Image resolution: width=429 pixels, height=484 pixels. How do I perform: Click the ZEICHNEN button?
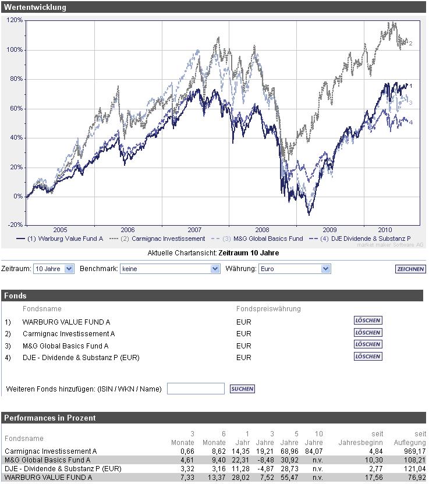pos(410,269)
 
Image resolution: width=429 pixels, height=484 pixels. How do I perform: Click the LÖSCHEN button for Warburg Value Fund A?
pos(368,321)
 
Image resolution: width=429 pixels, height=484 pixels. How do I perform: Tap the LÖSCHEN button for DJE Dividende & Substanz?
pos(368,357)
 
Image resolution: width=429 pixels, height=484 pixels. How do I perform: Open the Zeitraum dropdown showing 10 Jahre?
pos(54,269)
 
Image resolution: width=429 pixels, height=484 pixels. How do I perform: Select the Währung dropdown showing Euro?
pos(295,269)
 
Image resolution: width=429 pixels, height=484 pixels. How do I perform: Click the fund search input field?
pos(196,389)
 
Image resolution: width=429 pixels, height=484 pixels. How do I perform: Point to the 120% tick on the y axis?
pos(15,20)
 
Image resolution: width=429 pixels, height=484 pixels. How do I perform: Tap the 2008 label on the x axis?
pos(263,230)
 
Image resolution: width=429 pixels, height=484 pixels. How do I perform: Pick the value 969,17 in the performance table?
pos(413,451)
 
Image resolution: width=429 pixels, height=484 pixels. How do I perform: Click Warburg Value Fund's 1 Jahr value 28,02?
pos(242,478)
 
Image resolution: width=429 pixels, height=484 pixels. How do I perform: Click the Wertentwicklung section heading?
pos(36,8)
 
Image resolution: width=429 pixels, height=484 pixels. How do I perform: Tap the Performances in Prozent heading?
pos(50,418)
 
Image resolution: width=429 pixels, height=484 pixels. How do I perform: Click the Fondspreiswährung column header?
pos(268,309)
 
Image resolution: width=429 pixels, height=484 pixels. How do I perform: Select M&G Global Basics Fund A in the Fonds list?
pos(65,346)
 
